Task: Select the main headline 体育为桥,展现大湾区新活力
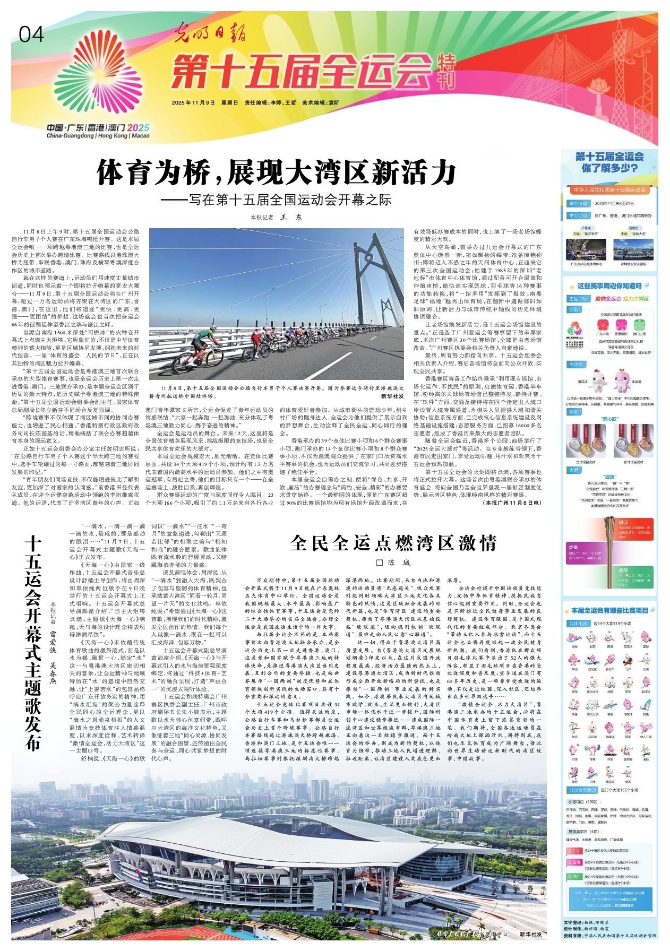coord(276,173)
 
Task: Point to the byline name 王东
coord(290,217)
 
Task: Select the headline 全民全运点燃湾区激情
coord(392,544)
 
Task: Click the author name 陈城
coord(396,563)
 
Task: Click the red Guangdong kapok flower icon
coord(602,325)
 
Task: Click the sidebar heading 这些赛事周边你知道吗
coord(611,286)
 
